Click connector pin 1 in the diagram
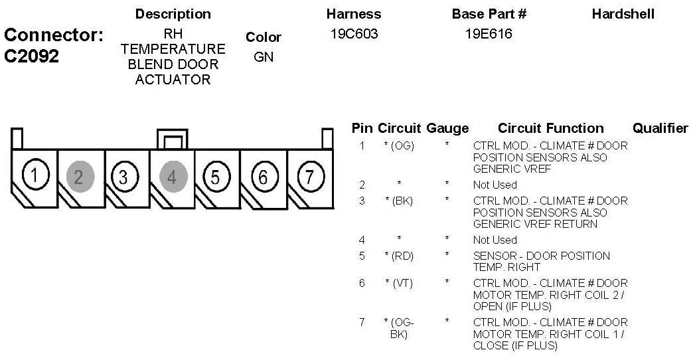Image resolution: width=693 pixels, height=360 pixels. [34, 176]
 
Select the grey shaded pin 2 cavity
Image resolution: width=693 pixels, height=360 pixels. [80, 177]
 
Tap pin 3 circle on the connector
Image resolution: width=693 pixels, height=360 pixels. [123, 177]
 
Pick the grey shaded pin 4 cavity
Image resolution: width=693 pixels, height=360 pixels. [173, 177]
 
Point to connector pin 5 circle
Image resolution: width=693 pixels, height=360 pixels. [216, 177]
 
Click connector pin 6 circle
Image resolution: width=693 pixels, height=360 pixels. [264, 177]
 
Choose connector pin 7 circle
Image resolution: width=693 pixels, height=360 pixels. [309, 177]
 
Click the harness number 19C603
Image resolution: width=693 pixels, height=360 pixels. [353, 34]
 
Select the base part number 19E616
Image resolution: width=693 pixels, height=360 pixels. [489, 34]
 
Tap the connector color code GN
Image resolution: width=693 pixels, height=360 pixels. [264, 57]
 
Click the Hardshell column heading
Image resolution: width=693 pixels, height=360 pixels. [623, 14]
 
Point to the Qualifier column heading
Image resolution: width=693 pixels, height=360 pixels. [660, 128]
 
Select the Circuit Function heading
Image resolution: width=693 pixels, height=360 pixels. [550, 128]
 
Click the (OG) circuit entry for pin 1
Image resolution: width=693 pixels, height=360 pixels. [399, 145]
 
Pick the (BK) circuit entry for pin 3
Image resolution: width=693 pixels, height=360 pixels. [399, 201]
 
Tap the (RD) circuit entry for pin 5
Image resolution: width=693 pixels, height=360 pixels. [399, 256]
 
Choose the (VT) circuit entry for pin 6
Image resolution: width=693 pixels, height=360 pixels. [399, 284]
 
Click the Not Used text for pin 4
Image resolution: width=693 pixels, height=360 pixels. [495, 240]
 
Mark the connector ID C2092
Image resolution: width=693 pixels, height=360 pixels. [31, 56]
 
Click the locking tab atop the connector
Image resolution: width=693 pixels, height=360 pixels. [173, 139]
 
